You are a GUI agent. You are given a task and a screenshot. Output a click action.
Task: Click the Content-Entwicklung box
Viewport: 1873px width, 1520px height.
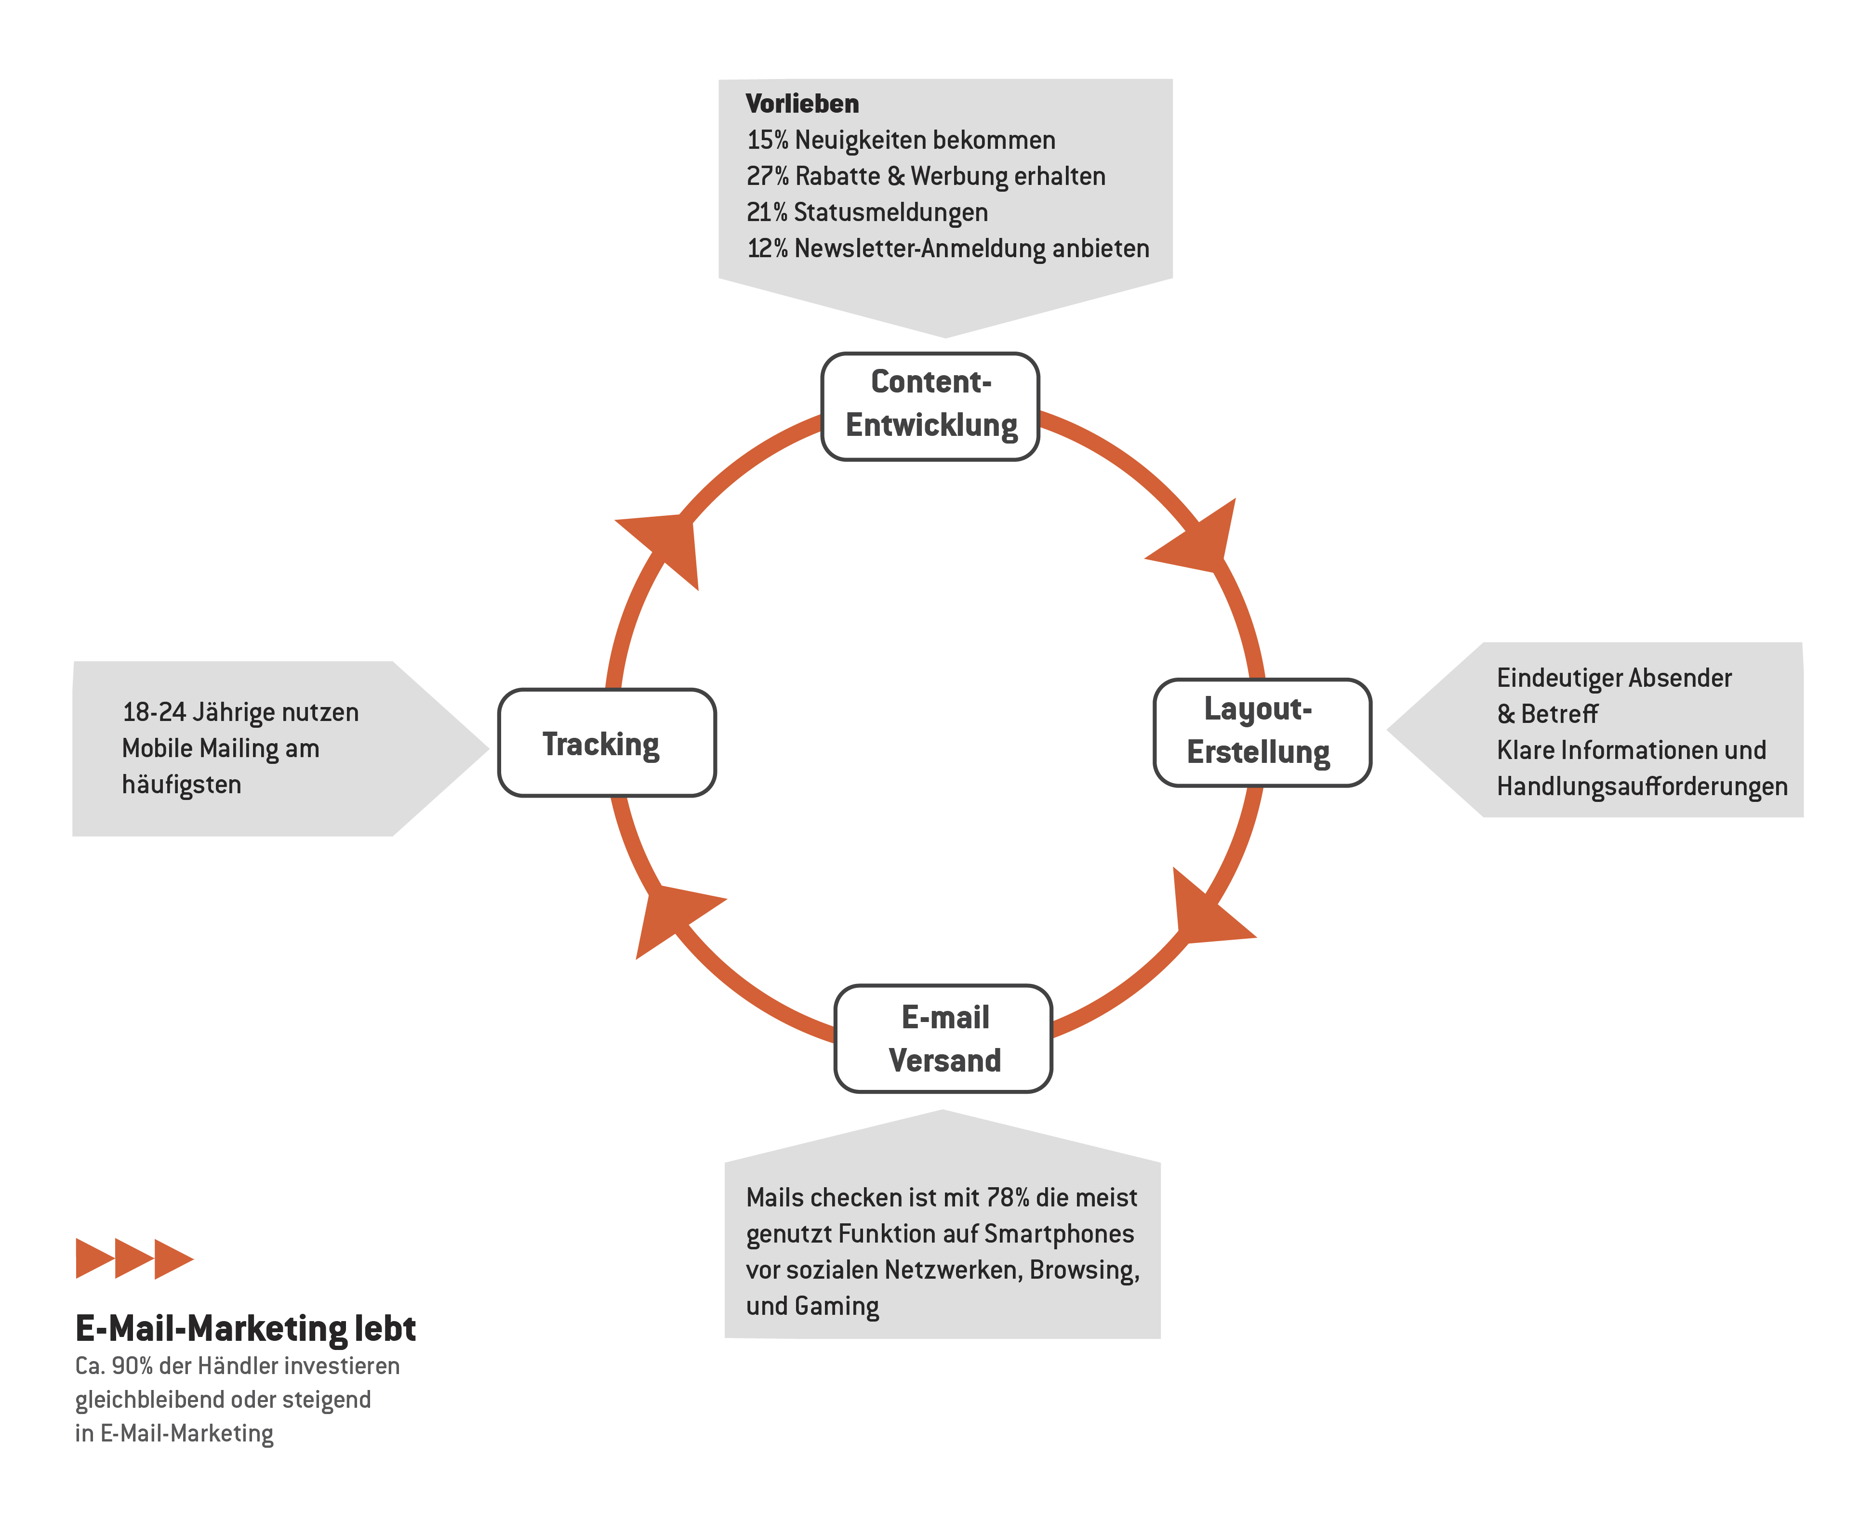tap(930, 406)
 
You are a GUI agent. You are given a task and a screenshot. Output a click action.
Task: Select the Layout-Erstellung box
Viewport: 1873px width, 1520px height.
tap(1262, 732)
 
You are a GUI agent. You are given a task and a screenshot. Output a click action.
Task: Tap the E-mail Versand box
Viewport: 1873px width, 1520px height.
tap(943, 1038)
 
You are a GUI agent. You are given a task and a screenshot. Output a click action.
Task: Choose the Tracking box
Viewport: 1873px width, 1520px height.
tap(606, 743)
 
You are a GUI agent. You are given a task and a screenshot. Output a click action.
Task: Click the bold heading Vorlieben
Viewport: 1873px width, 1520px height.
tap(802, 104)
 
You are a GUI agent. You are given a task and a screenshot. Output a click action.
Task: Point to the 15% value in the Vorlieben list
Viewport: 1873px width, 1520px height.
tap(768, 140)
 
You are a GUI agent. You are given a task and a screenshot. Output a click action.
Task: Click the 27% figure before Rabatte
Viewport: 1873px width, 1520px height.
tap(768, 176)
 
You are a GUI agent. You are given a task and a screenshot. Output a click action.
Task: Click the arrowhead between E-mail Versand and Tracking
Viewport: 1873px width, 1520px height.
tap(675, 919)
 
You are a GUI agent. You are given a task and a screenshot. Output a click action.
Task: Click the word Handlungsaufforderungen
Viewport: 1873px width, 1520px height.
tap(1642, 786)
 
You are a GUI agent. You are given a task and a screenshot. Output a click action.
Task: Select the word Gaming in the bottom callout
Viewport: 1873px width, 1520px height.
tap(837, 1306)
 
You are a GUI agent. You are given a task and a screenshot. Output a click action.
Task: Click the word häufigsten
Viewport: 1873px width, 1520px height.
tap(181, 785)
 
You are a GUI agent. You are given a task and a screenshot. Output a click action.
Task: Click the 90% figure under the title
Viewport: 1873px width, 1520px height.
tap(133, 1366)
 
